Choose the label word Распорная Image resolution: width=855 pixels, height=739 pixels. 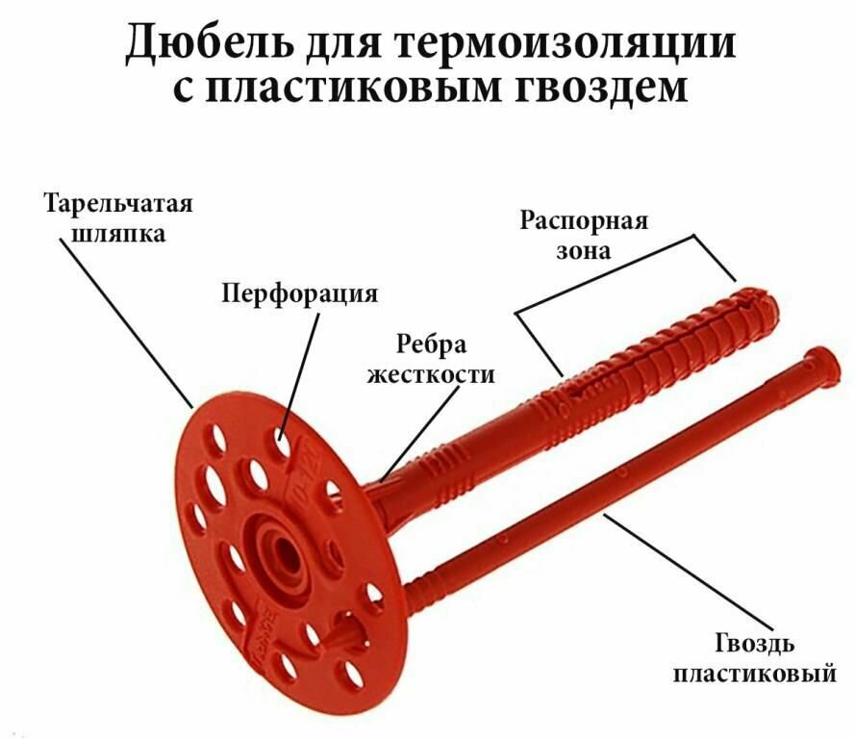point(585,220)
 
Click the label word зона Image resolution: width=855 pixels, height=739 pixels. point(585,251)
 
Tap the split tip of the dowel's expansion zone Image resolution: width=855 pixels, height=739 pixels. point(760,293)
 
